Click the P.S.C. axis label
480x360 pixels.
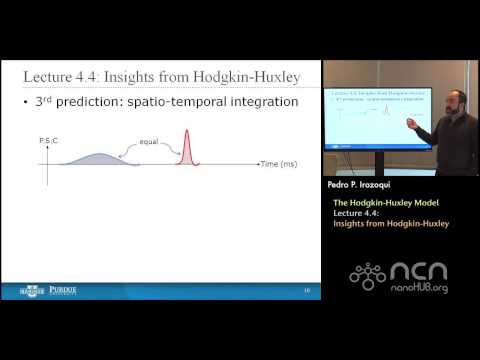point(48,142)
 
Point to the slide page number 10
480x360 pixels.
point(306,291)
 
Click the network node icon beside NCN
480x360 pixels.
point(368,275)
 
